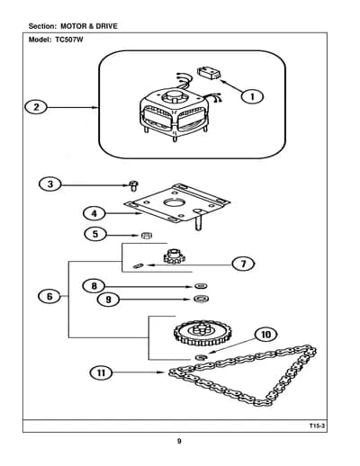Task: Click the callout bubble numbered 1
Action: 252,96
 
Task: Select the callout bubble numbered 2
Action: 36,107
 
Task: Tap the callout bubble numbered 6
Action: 49,296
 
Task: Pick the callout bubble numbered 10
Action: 265,335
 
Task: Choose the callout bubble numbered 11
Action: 101,372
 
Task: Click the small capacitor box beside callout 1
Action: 209,74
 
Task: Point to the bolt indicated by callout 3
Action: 133,185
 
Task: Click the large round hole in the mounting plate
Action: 174,202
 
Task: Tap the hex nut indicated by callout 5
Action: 147,236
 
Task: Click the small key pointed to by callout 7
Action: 139,265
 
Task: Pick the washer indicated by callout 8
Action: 201,286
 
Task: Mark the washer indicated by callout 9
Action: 201,299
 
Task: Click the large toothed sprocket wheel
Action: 202,333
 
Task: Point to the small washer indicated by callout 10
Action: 201,357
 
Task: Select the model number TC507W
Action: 69,40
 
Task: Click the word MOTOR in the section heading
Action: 73,26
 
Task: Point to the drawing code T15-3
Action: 318,426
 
